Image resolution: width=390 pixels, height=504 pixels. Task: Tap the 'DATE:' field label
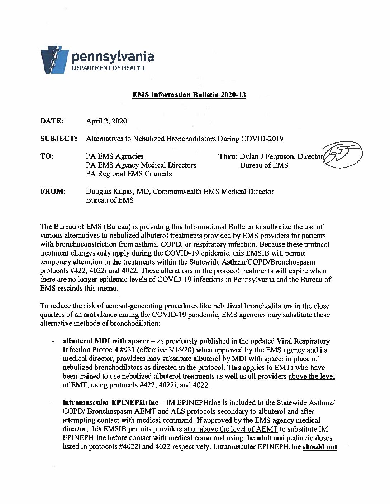(x=52, y=121)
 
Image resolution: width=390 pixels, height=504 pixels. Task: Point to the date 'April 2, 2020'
(x=106, y=121)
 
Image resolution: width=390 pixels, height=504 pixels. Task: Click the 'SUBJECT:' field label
(x=58, y=139)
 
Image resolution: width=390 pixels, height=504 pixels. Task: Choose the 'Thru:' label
(x=228, y=156)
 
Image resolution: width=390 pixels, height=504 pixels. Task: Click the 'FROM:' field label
(x=53, y=192)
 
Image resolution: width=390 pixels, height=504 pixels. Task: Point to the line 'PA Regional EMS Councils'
(x=129, y=174)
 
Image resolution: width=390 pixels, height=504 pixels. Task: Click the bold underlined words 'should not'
(x=320, y=447)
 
